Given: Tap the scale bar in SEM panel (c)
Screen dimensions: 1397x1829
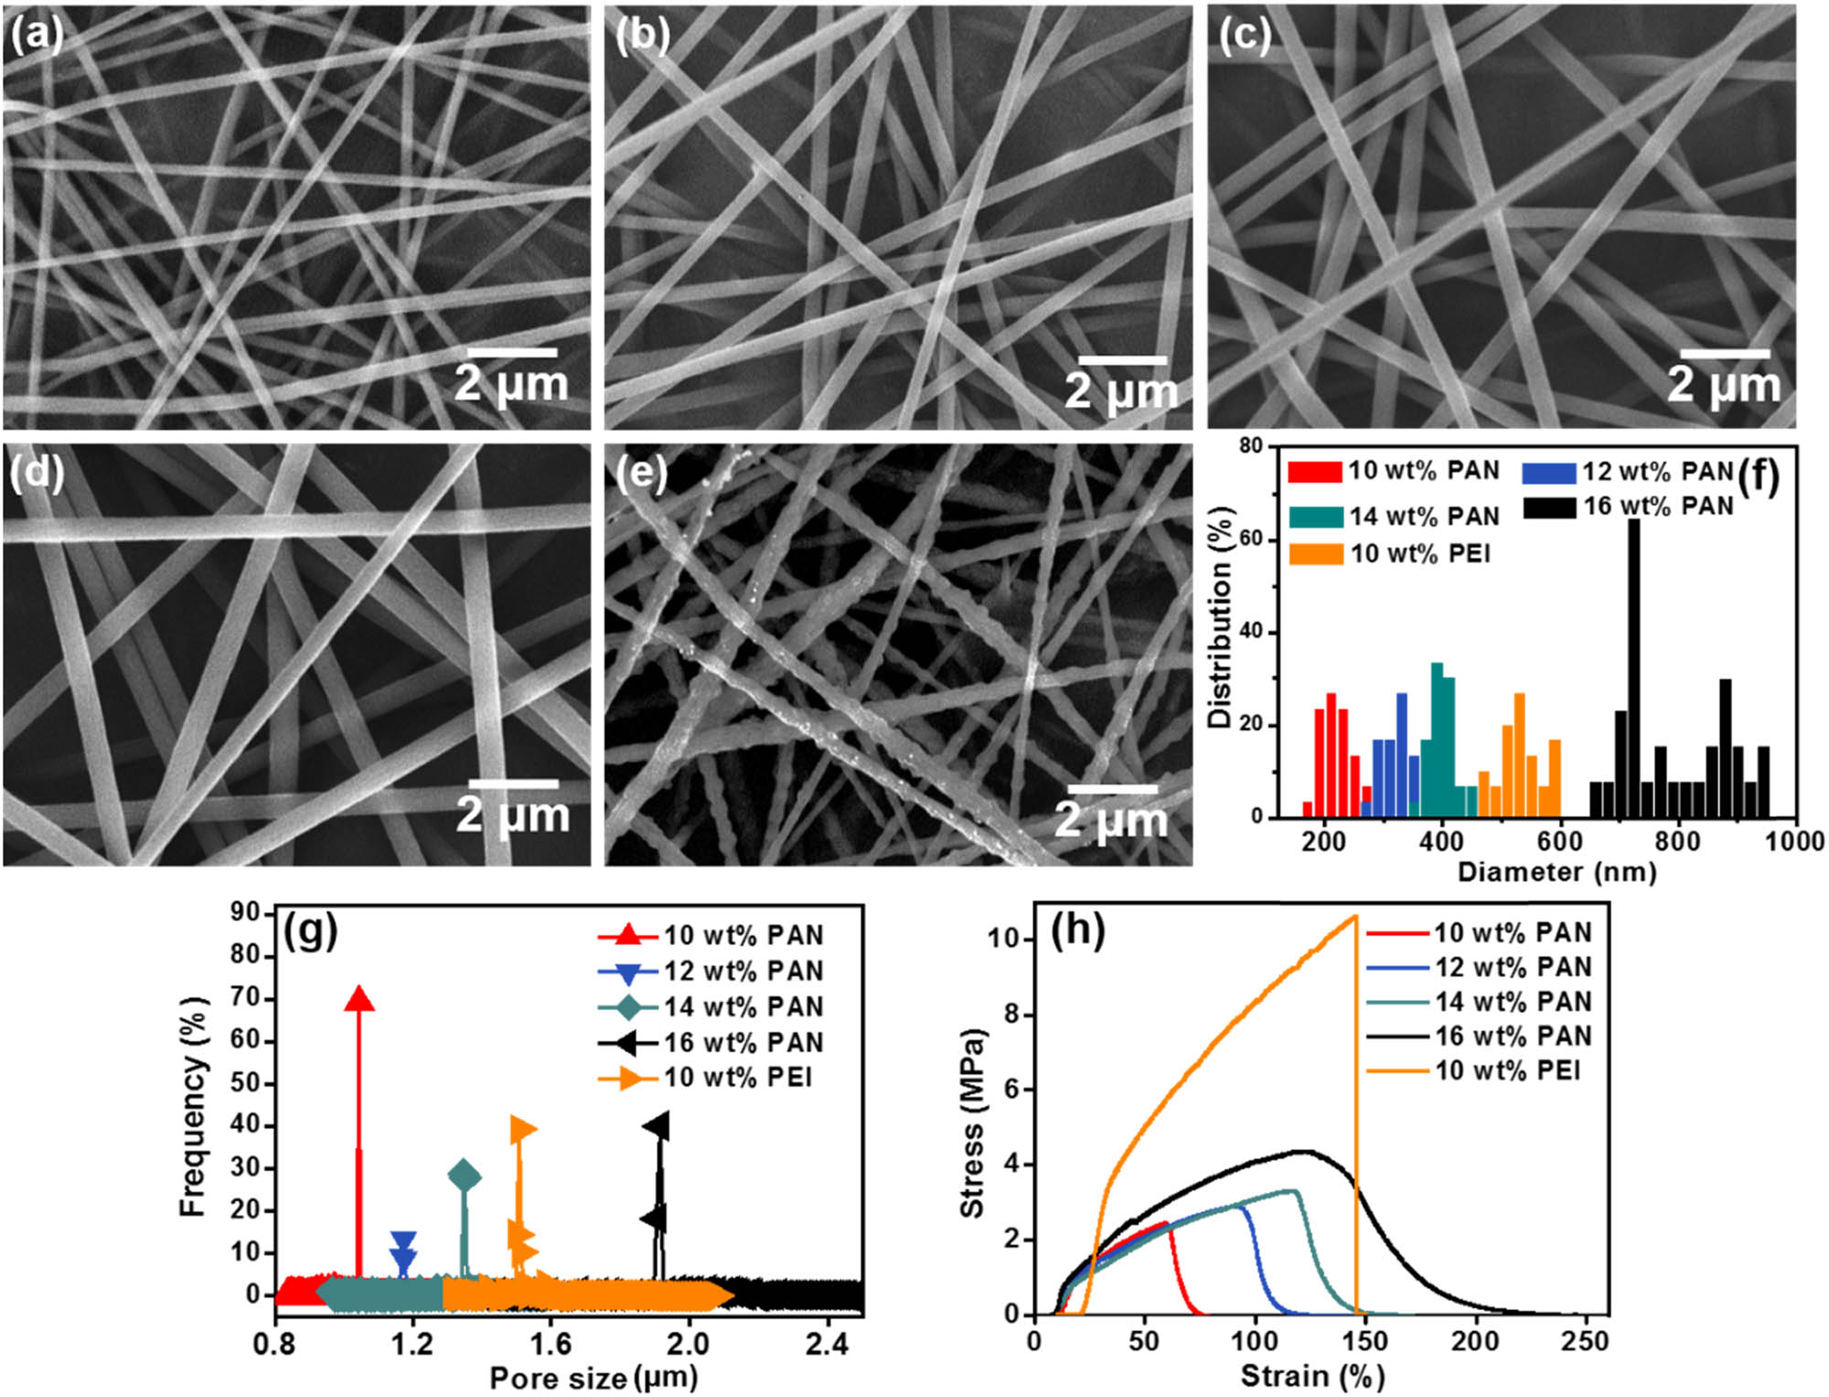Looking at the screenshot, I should [1725, 353].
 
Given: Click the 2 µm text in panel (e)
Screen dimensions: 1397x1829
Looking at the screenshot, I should [1110, 819].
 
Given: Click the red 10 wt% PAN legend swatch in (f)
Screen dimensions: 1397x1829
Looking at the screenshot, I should [1314, 472].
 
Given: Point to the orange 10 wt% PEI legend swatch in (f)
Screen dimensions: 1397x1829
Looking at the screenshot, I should [1315, 554].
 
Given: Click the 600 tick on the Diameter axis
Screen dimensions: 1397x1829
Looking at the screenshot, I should [1560, 841].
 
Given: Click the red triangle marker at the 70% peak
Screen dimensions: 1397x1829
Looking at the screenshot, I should [358, 999].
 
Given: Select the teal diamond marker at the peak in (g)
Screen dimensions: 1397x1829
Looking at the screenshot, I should [465, 1177].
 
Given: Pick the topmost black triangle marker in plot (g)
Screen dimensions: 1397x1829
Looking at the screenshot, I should [658, 1126].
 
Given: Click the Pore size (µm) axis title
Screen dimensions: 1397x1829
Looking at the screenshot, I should [594, 1377].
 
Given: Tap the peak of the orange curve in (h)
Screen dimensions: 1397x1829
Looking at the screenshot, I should [1354, 916].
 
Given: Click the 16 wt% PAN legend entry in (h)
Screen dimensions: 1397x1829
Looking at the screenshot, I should [1513, 1036].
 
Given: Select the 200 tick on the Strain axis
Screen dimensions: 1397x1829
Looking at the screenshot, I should [1474, 1340].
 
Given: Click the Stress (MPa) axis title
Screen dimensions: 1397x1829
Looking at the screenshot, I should [973, 1124].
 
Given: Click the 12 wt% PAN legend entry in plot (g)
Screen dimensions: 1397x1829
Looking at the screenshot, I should [743, 971].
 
